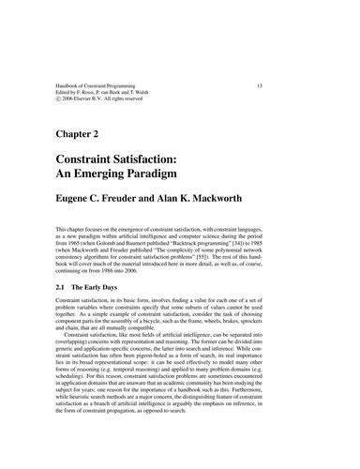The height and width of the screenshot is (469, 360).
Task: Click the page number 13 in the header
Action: click(x=296, y=86)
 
